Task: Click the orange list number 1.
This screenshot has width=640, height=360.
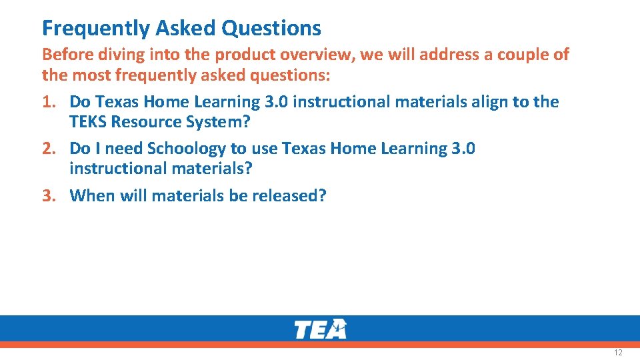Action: click(x=49, y=102)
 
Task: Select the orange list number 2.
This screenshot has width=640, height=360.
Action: click(x=49, y=148)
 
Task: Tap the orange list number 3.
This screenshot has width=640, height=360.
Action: click(x=49, y=195)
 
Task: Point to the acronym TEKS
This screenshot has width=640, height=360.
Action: click(x=87, y=122)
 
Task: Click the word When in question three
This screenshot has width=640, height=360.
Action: click(x=91, y=195)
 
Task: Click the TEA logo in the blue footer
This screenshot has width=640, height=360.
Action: click(x=320, y=329)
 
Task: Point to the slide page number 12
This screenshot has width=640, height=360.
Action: click(x=618, y=352)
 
